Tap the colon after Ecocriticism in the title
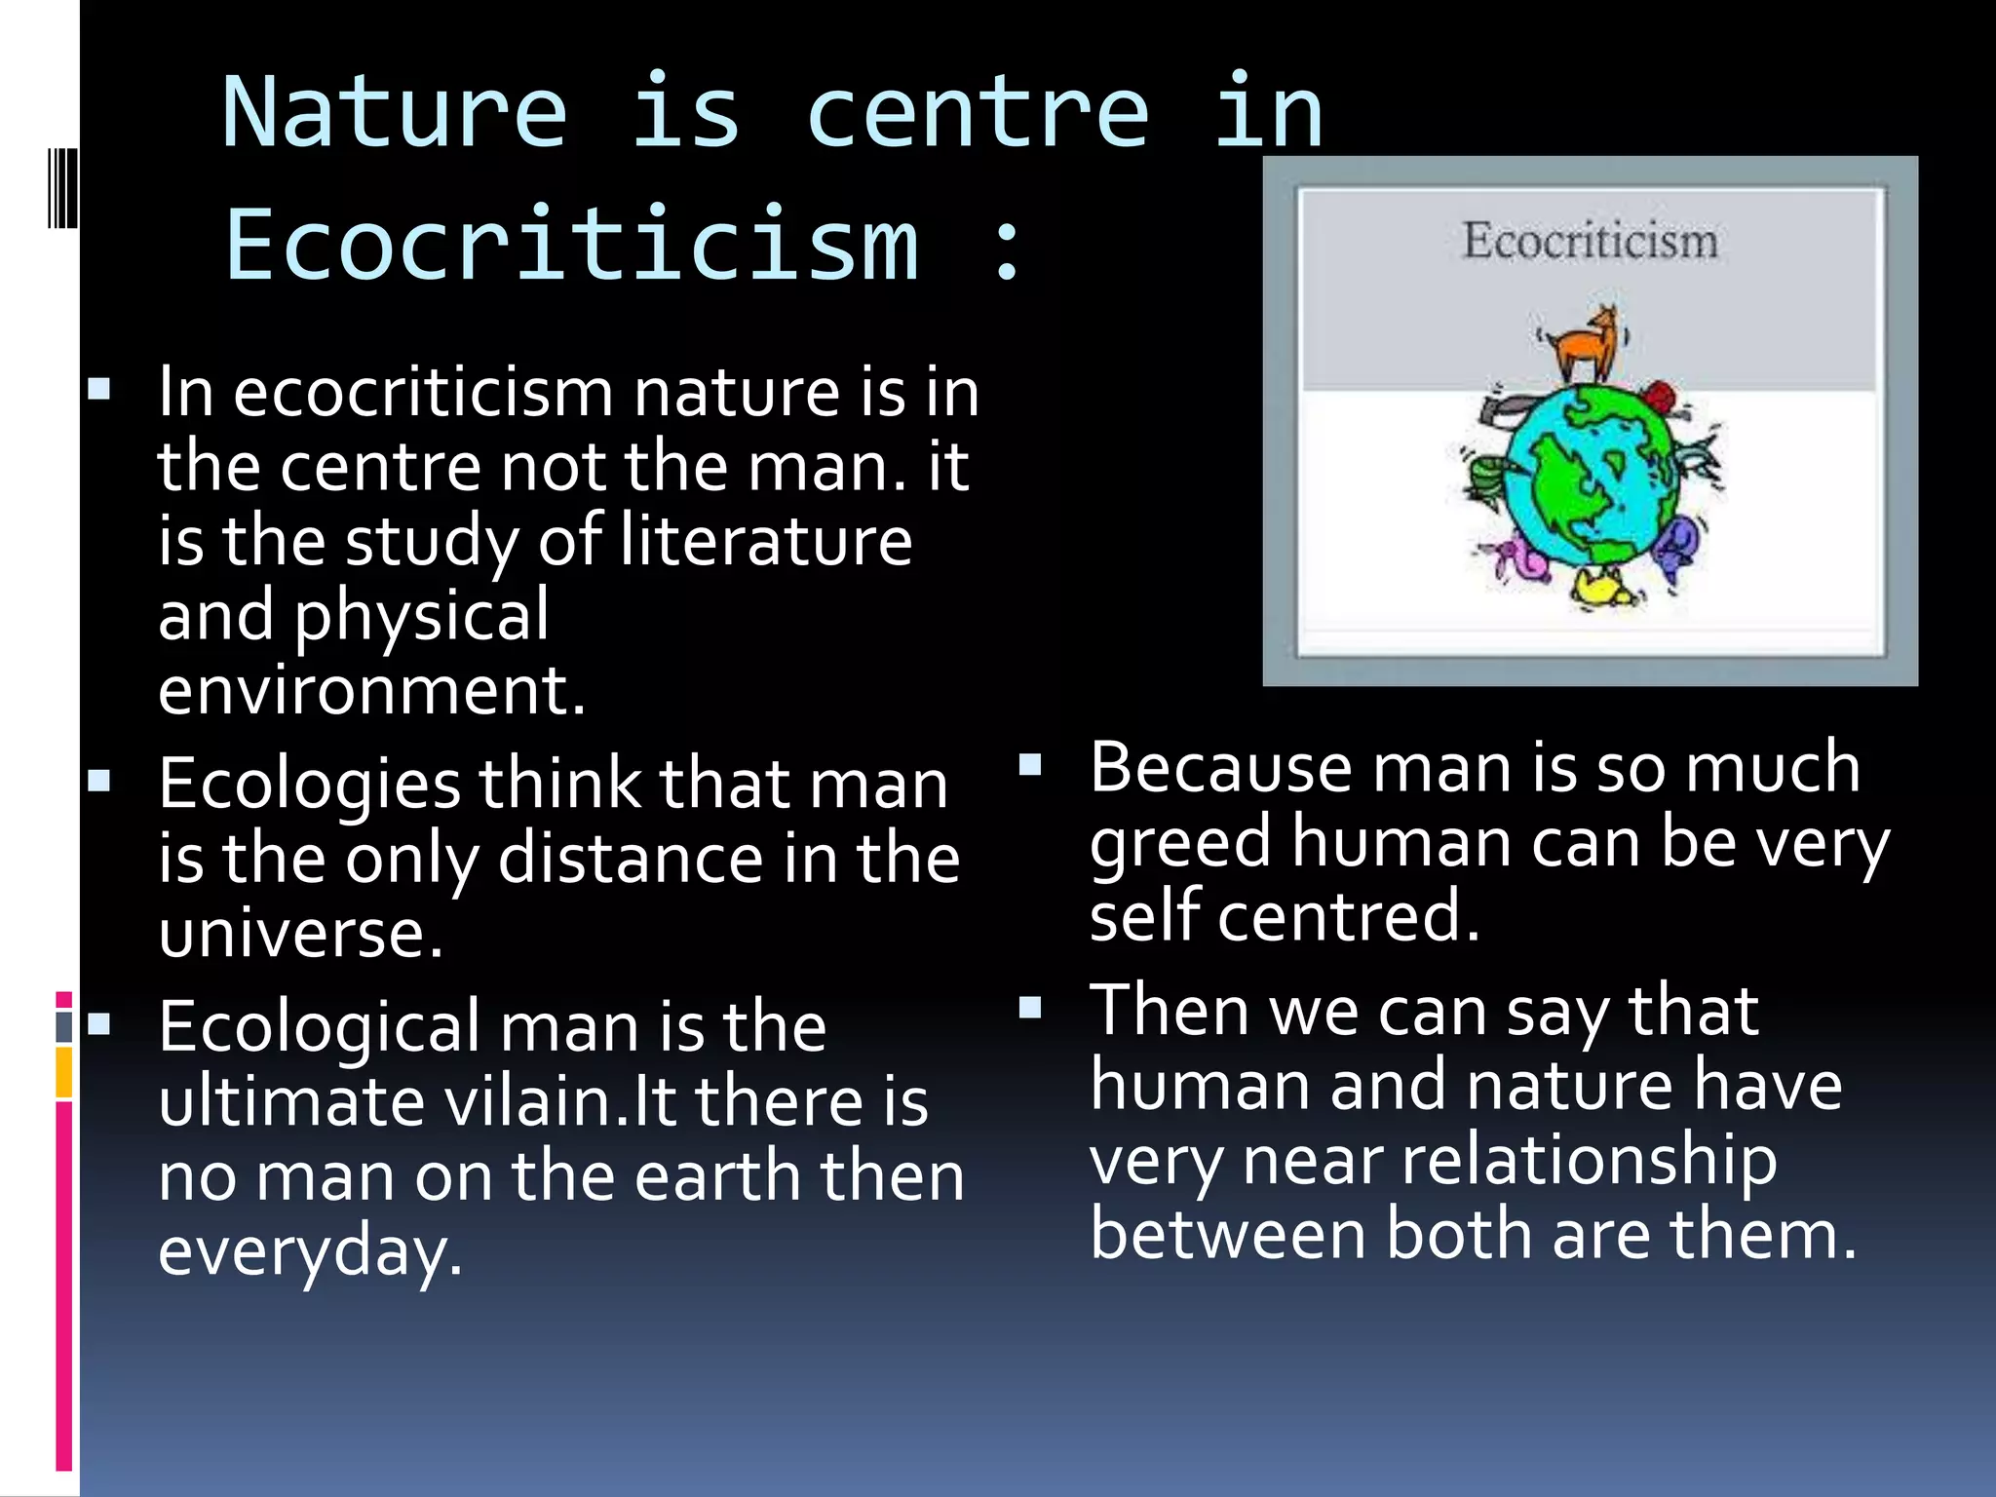(1008, 248)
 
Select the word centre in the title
(978, 114)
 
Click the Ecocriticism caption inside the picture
(1590, 241)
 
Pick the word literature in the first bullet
(766, 541)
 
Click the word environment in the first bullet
(370, 691)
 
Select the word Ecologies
(309, 785)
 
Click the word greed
(1180, 844)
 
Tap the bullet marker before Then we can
(1030, 1007)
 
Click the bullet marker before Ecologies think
(98, 781)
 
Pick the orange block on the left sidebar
(64, 1072)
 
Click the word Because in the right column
(1220, 768)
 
